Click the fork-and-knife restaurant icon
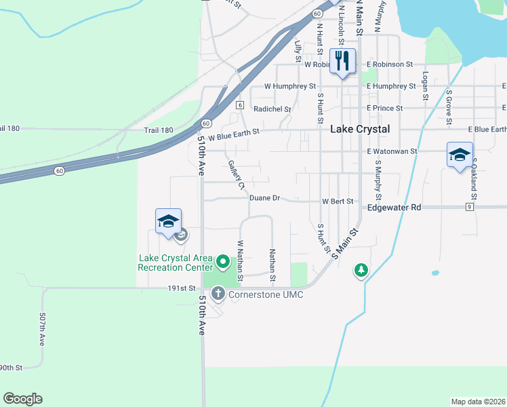coord(342,62)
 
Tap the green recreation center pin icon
coord(223,260)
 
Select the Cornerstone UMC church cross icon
coord(218,294)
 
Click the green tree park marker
coord(361,271)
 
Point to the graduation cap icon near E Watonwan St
coord(460,155)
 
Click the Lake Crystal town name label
coord(359,129)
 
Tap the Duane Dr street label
coord(264,198)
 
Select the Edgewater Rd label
coord(394,207)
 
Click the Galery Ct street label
coord(236,175)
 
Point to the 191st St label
coord(181,288)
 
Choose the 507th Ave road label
coord(42,330)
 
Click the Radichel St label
coord(272,109)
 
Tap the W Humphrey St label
coord(290,86)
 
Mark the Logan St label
coord(426,86)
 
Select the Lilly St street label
coord(298,52)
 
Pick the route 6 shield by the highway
coord(240,105)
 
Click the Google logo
coord(22,399)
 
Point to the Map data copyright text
coord(478,402)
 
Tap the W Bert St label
coord(338,201)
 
